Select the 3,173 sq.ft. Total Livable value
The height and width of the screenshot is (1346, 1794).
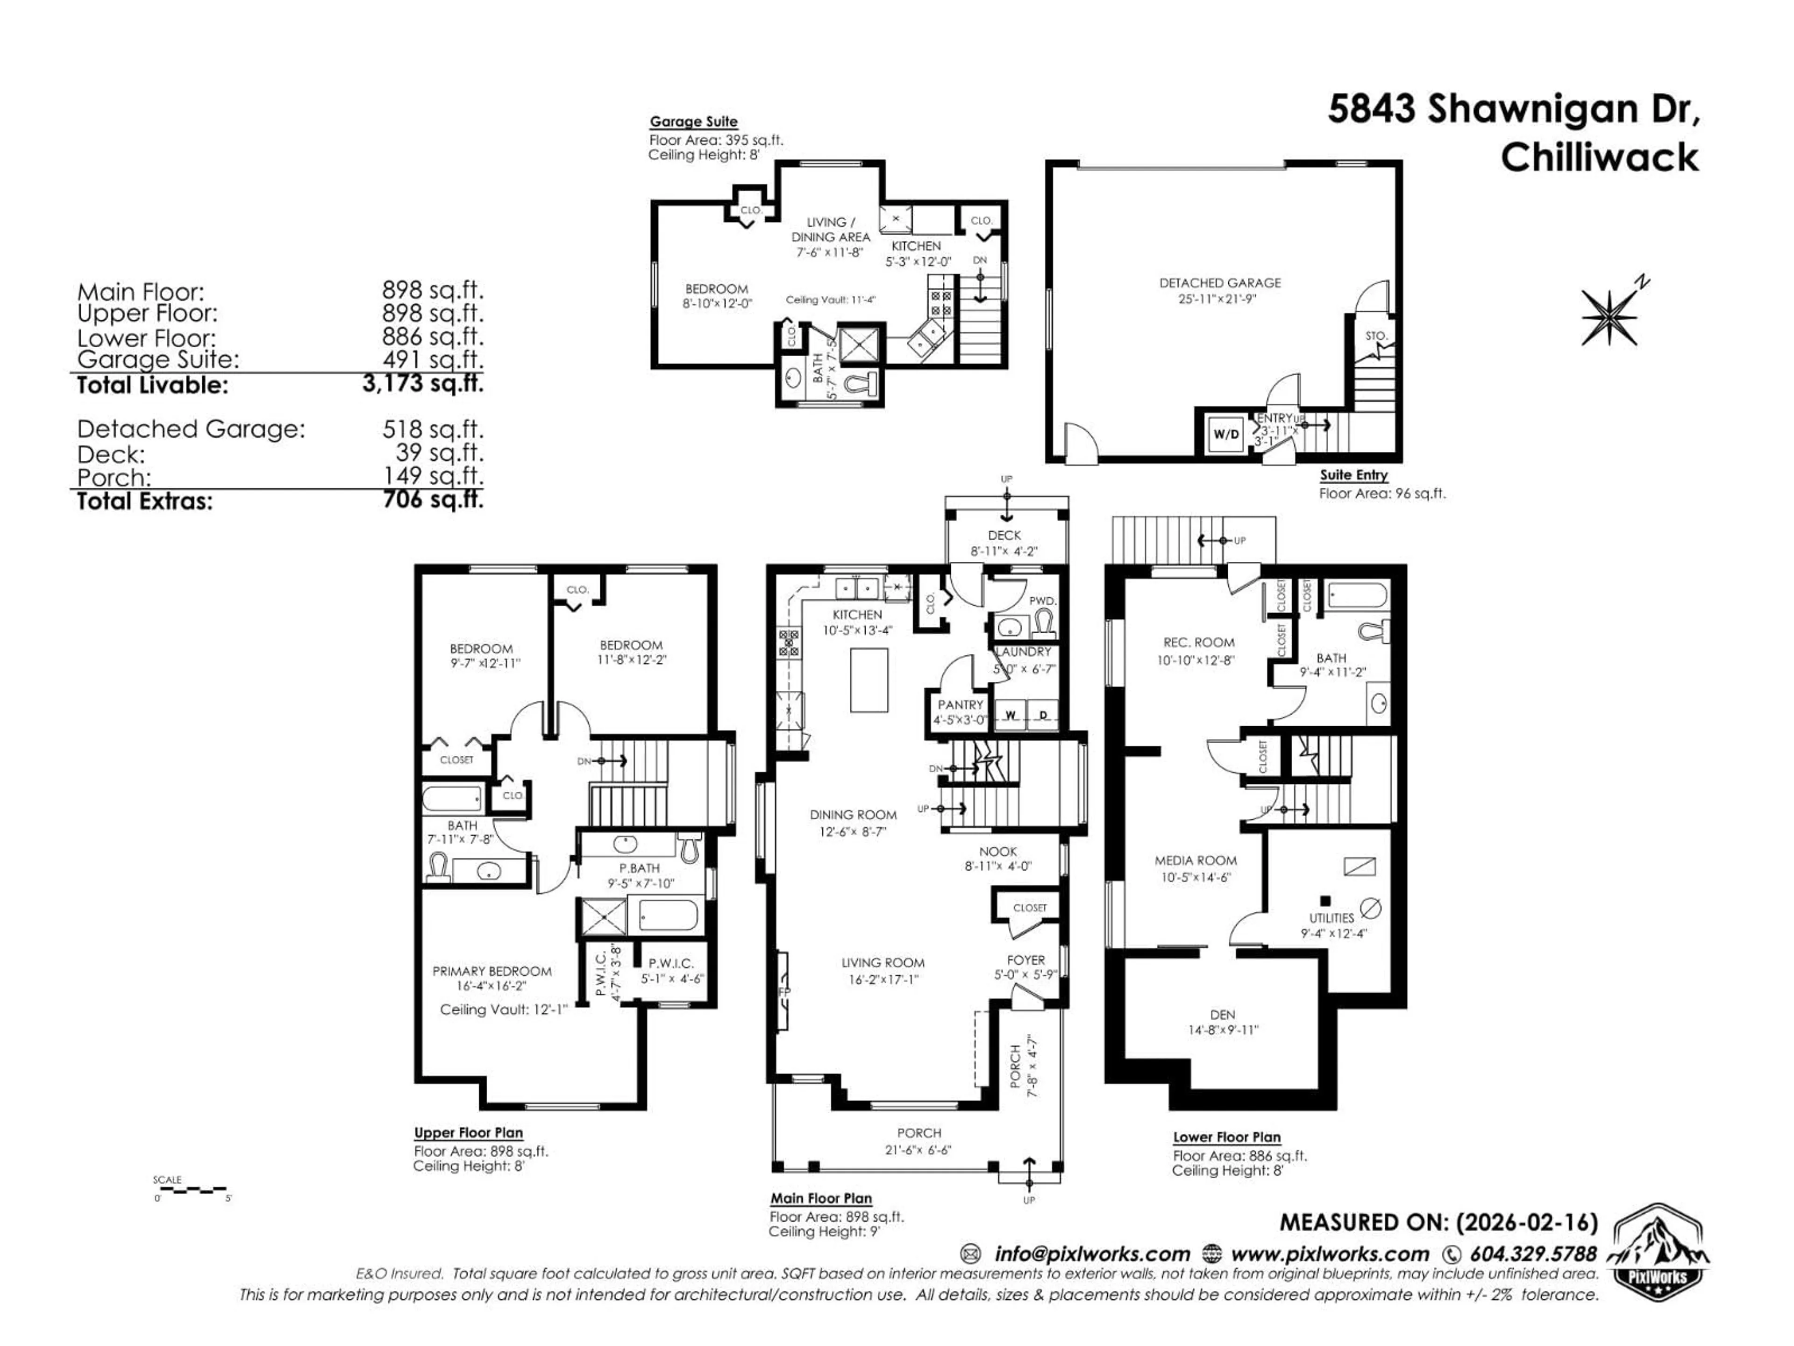coord(422,383)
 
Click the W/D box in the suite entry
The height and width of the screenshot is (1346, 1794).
coord(1225,434)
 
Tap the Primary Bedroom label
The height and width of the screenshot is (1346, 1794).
coord(491,971)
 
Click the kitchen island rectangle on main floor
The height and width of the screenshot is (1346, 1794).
coord(869,680)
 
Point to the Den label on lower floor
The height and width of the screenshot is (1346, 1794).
coord(1222,1014)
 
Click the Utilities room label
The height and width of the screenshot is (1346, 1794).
coord(1331,917)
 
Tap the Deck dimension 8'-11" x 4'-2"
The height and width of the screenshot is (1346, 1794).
coord(1004,551)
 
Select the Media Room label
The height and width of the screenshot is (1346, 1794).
coord(1196,860)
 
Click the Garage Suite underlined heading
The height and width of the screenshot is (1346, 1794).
coord(693,122)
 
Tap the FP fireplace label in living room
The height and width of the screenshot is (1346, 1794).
coord(784,991)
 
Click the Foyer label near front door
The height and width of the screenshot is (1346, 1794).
coord(1026,960)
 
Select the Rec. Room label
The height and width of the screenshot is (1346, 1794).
coord(1198,643)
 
